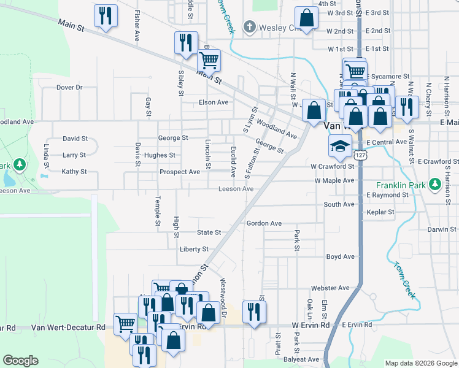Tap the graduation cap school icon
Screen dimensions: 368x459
click(x=338, y=146)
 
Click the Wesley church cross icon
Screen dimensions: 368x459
click(x=249, y=27)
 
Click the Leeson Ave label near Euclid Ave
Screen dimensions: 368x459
click(x=236, y=189)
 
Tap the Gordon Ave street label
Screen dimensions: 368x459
click(x=264, y=223)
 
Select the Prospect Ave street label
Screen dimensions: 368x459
click(x=180, y=172)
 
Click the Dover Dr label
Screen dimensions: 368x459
click(x=69, y=88)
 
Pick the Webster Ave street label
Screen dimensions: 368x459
click(x=330, y=288)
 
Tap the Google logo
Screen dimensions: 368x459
click(x=20, y=361)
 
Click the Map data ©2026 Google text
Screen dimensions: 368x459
click(x=420, y=363)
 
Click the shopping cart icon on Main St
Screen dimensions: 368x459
click(x=209, y=60)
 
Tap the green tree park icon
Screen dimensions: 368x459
click(x=20, y=164)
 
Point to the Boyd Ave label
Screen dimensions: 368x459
click(x=341, y=256)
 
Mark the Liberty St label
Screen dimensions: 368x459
click(x=195, y=249)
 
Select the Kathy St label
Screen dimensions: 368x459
click(x=74, y=172)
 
